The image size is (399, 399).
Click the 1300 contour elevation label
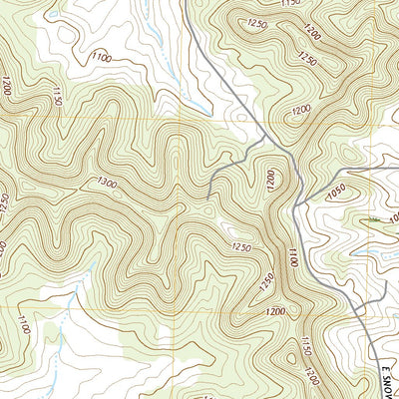click(x=114, y=182)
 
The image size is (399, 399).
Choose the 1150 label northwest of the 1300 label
click(x=57, y=97)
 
